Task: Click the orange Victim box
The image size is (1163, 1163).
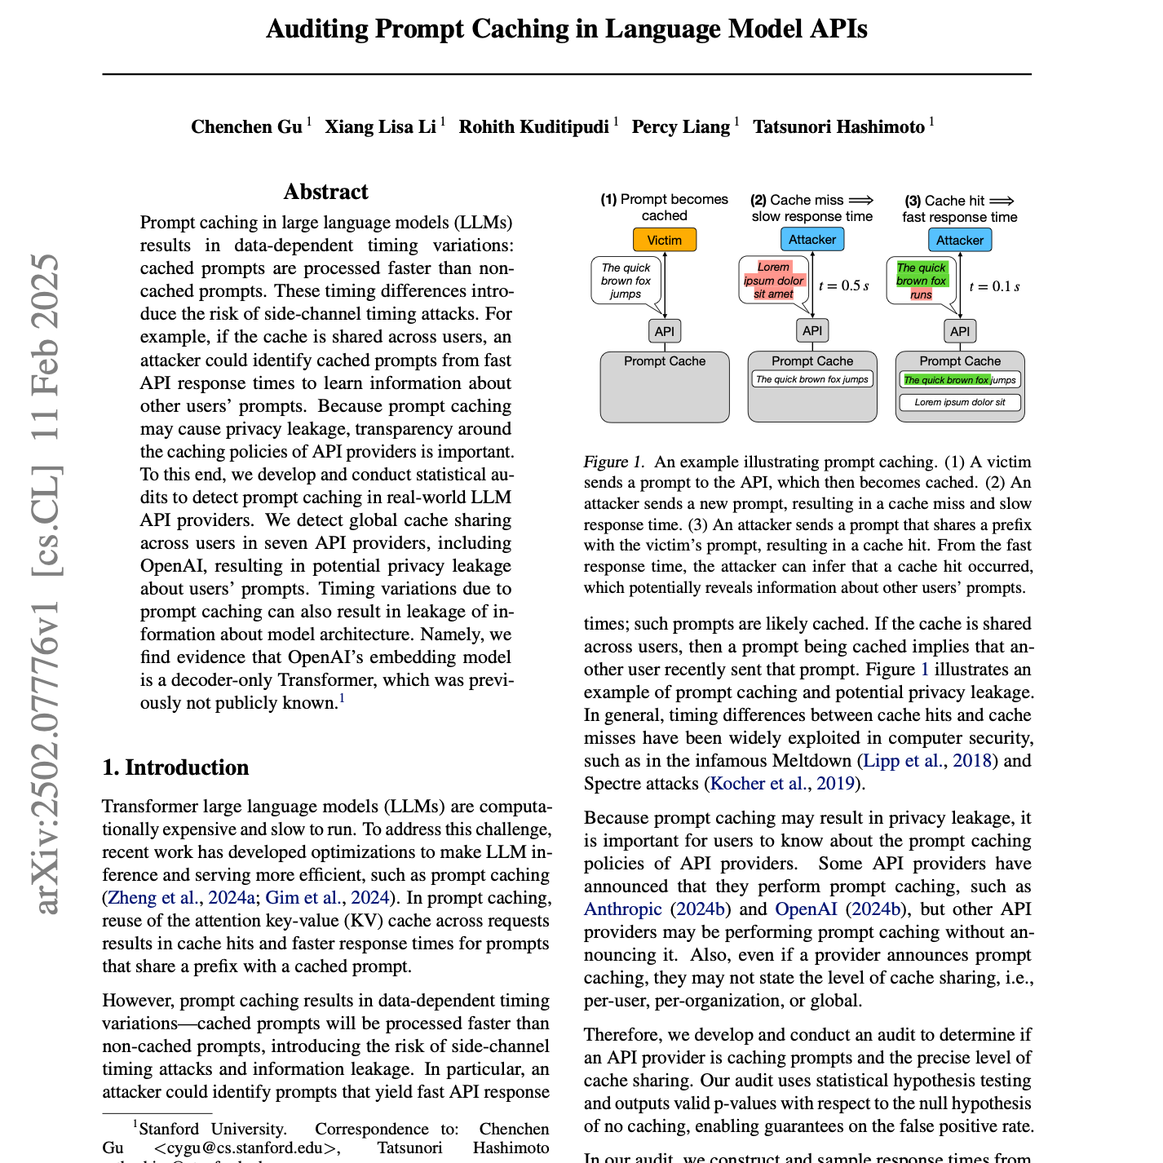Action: [x=665, y=240]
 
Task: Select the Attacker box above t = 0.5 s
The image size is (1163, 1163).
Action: [x=812, y=239]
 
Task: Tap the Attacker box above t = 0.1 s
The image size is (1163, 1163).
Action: [x=960, y=240]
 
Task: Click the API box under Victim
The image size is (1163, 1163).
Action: [x=665, y=331]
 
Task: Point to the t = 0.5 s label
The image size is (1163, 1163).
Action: [x=843, y=285]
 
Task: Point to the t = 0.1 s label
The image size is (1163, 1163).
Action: [x=994, y=286]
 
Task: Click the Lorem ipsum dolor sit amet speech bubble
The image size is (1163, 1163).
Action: [x=773, y=281]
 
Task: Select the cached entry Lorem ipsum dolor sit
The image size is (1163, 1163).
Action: [x=960, y=402]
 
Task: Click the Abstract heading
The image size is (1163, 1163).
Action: [x=326, y=192]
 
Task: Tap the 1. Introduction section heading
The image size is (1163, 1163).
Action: [x=175, y=767]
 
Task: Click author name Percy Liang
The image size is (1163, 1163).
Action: [x=681, y=127]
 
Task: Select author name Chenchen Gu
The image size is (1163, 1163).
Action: [x=246, y=127]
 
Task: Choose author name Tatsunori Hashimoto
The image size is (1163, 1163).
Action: [x=838, y=127]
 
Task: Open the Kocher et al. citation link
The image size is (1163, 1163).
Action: [x=758, y=784]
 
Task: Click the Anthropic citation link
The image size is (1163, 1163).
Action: [x=623, y=909]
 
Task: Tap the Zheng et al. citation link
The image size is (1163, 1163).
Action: [x=153, y=898]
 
